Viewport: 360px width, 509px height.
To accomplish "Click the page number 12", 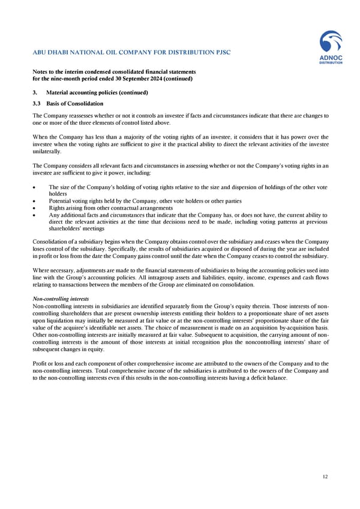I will pos(325,477).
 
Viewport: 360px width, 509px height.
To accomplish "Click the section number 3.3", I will pos(37,103).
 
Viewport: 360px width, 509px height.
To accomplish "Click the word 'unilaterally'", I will pos(48,152).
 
